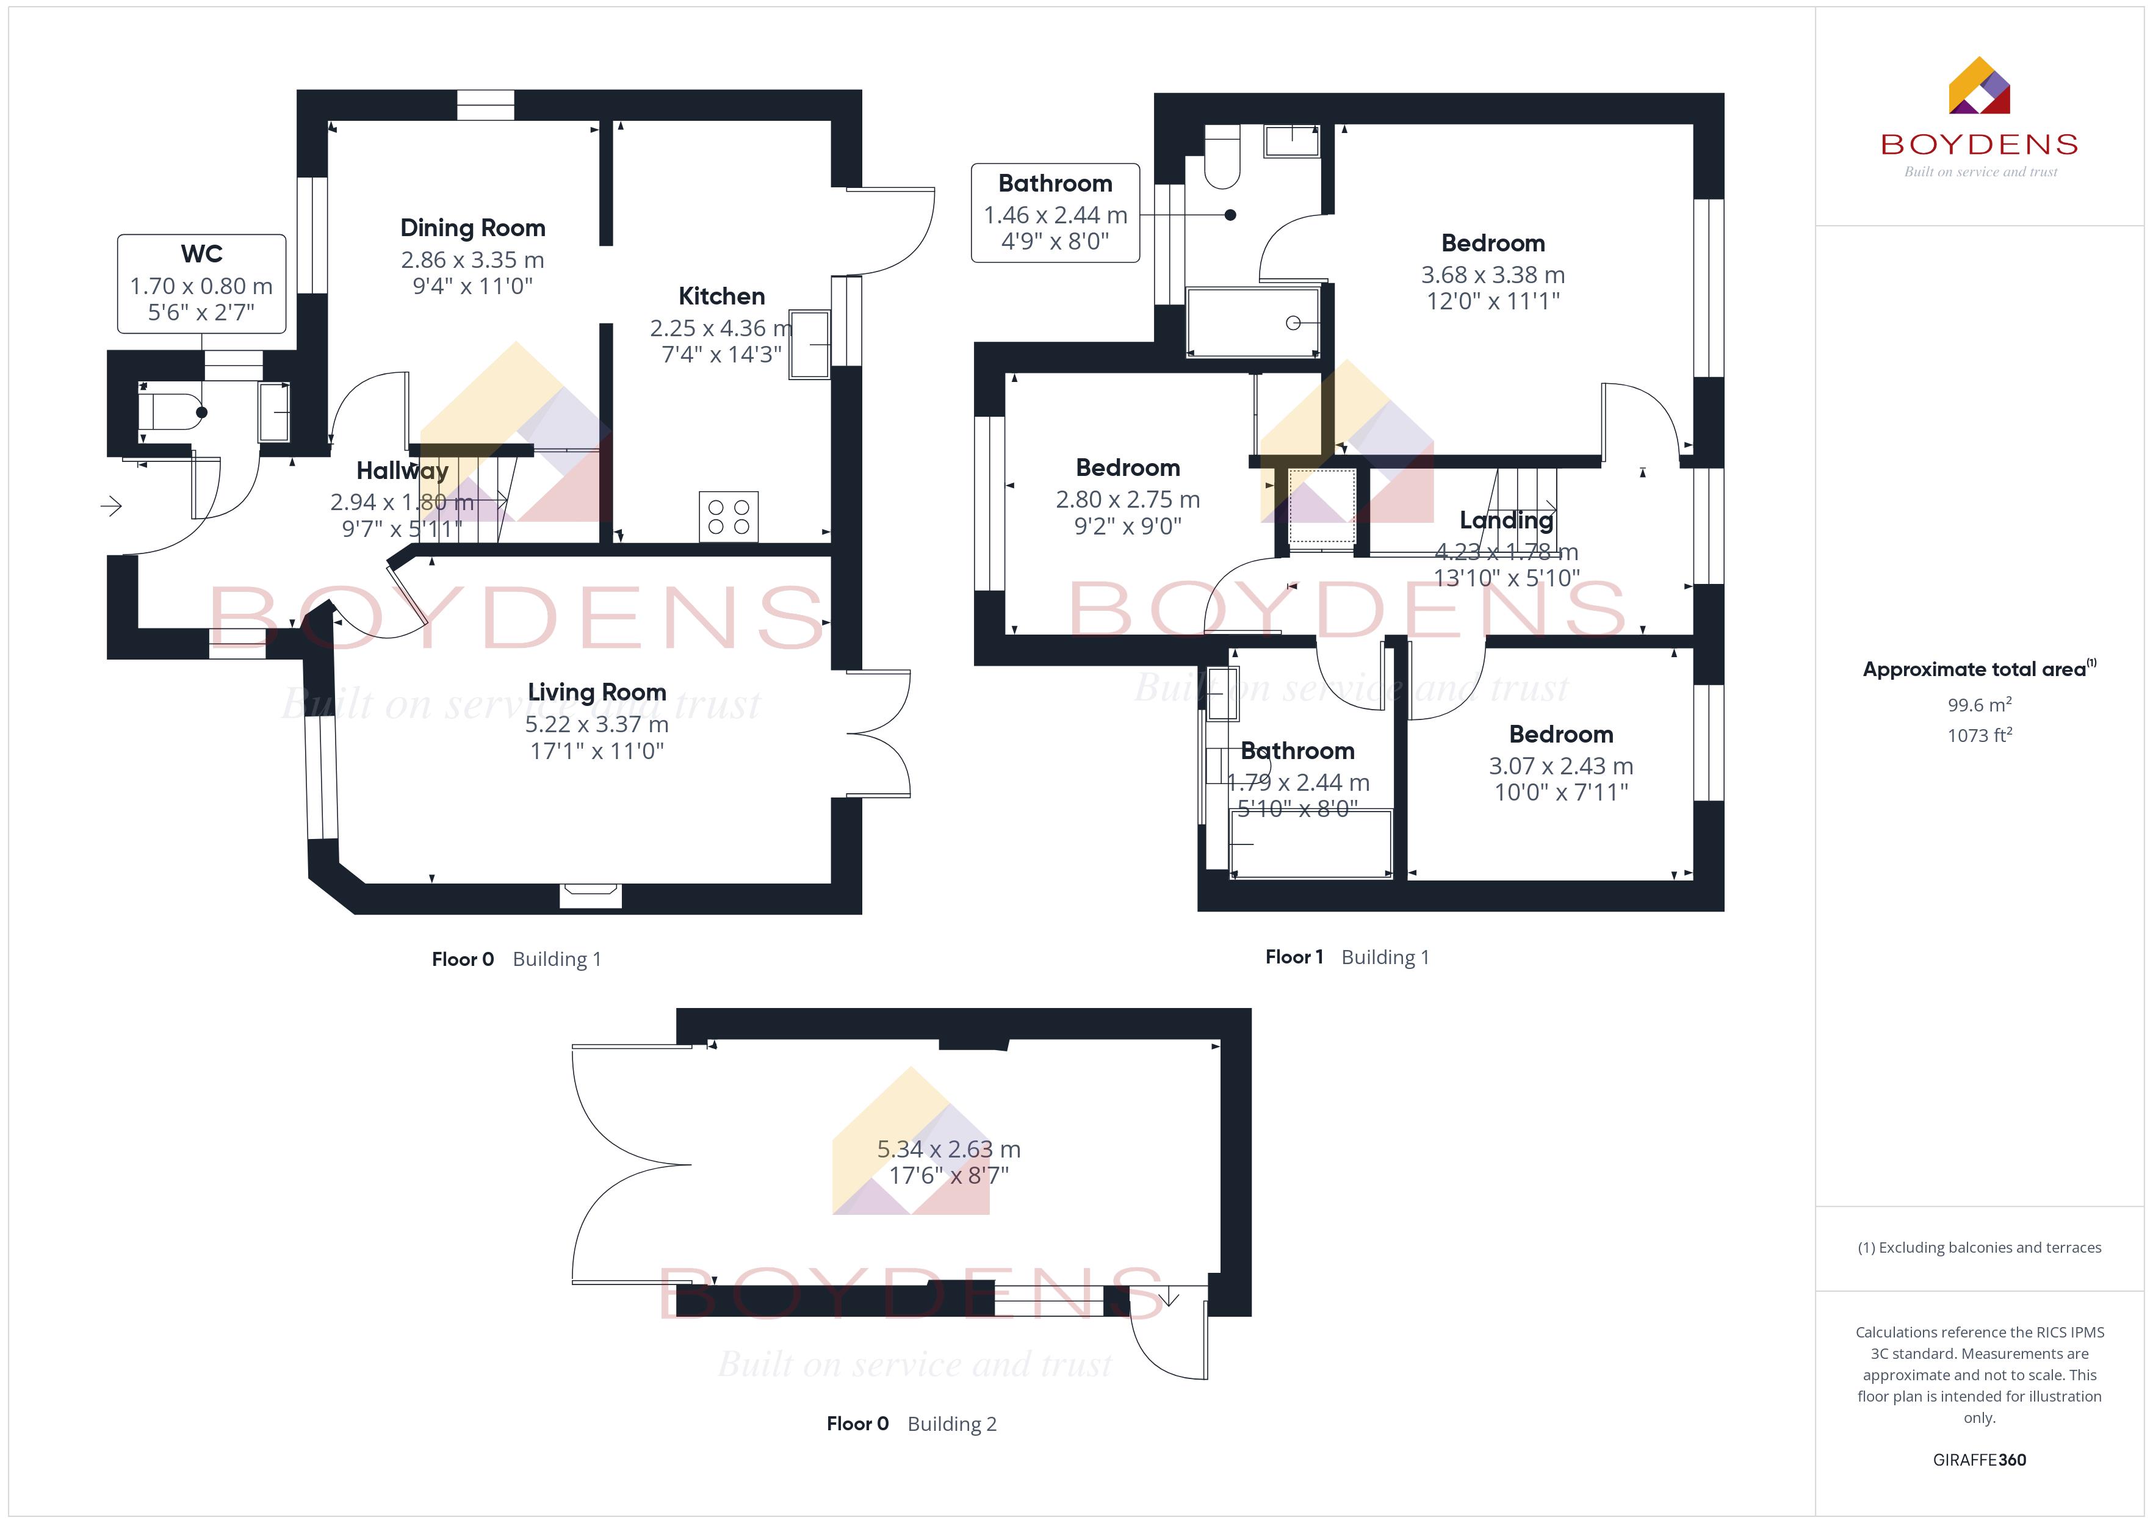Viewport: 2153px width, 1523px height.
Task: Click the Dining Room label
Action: (x=472, y=228)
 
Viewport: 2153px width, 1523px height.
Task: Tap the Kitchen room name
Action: (x=721, y=297)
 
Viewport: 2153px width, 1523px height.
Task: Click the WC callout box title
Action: (x=201, y=254)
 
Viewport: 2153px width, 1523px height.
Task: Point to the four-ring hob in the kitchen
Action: (x=729, y=517)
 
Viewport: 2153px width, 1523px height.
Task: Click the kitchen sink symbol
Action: (x=809, y=344)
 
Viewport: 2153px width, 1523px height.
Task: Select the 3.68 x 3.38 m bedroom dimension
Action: (x=1493, y=275)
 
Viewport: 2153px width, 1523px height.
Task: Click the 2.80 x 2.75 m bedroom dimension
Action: (x=1128, y=500)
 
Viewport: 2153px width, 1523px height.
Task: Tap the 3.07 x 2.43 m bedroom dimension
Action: (x=1561, y=766)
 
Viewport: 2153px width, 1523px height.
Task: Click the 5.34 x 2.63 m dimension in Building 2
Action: (x=949, y=1149)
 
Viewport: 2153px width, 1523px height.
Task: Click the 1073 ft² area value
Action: (x=1980, y=735)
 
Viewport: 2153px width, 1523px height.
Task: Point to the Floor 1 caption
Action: (x=1294, y=957)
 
